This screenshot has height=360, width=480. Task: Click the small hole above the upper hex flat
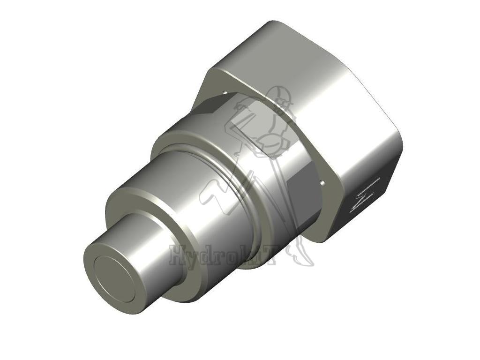tap(225, 92)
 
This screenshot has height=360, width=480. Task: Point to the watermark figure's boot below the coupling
tap(302, 255)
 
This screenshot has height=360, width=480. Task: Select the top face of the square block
tap(300, 61)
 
